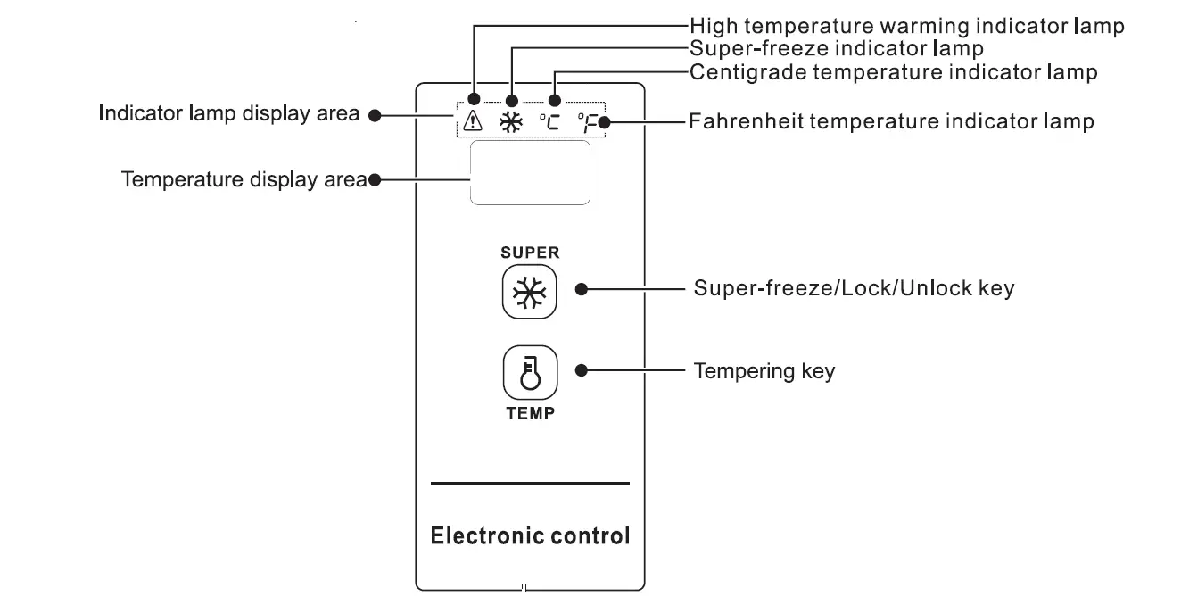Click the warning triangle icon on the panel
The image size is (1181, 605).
(473, 122)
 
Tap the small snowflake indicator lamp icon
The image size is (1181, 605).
(511, 123)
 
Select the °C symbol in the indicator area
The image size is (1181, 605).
(550, 122)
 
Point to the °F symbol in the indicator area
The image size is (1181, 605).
(587, 122)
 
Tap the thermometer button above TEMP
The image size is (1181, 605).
(530, 372)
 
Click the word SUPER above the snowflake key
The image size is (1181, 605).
(530, 253)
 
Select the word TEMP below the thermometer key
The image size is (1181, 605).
(530, 413)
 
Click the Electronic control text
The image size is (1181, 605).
(530, 536)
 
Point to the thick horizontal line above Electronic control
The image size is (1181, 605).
(530, 484)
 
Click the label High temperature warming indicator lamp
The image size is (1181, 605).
(906, 26)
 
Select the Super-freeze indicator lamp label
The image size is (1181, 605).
(837, 48)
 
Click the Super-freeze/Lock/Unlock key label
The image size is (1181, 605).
(854, 289)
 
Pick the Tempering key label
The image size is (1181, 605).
(764, 370)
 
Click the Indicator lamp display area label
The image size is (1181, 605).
(229, 114)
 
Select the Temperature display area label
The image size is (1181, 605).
(244, 179)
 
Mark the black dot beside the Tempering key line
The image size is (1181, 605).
(581, 370)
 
